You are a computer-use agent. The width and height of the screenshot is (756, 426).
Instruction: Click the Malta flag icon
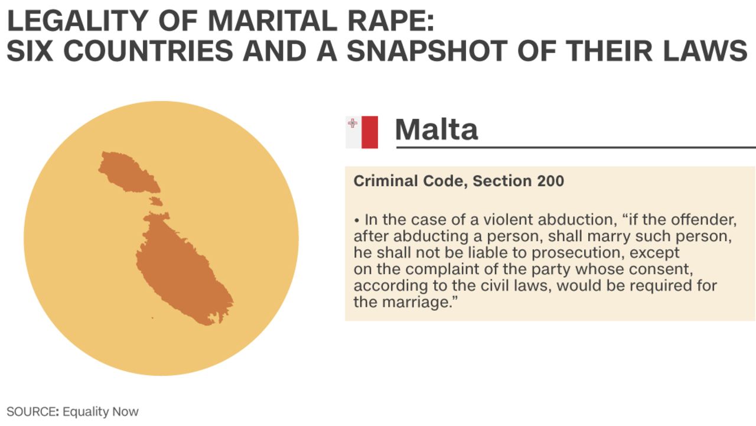pyautogui.click(x=362, y=132)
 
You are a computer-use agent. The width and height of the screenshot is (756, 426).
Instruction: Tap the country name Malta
pyautogui.click(x=436, y=129)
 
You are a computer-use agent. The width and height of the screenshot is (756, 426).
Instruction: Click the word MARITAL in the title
pyautogui.click(x=272, y=21)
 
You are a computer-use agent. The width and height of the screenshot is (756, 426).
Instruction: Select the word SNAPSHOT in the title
pyautogui.click(x=427, y=51)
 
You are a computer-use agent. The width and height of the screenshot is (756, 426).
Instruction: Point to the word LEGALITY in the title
pyautogui.click(x=77, y=21)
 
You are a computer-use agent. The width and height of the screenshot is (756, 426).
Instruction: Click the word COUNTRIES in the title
pyautogui.click(x=148, y=51)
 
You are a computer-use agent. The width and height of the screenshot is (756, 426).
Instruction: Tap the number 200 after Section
pyautogui.click(x=550, y=181)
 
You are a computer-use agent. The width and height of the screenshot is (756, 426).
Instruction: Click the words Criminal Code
pyautogui.click(x=410, y=181)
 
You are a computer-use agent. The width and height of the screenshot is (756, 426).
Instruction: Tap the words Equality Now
pyautogui.click(x=100, y=412)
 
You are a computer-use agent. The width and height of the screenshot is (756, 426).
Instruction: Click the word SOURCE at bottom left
pyautogui.click(x=30, y=412)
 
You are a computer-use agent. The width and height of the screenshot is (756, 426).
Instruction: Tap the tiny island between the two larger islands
pyautogui.click(x=156, y=201)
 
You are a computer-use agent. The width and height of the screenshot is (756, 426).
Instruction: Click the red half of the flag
pyautogui.click(x=370, y=132)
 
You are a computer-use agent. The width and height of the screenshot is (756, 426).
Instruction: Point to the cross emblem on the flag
pyautogui.click(x=353, y=123)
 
